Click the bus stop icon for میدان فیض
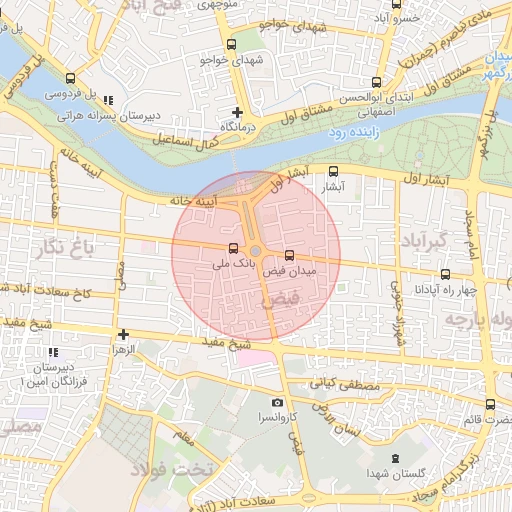tap(290, 256)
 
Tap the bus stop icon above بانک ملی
tap(234, 249)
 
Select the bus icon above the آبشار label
tap(334, 171)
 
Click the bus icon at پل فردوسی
tap(69, 79)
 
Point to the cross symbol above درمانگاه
tap(237, 112)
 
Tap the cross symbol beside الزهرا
tap(123, 335)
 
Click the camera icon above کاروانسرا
tap(277, 402)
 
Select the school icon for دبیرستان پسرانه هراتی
tap(108, 100)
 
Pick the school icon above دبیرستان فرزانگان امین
tap(53, 353)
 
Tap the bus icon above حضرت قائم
tap(489, 405)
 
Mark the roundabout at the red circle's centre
tap(256, 251)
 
